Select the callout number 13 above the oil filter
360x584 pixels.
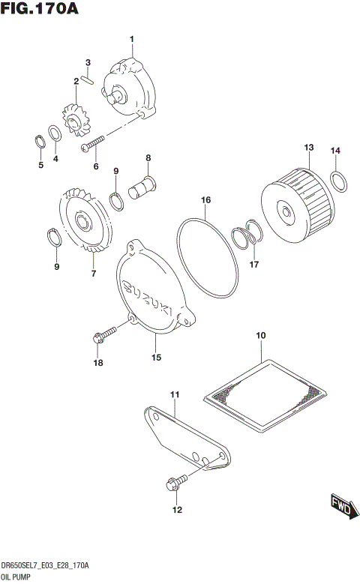(308, 148)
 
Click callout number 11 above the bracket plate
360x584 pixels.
(175, 394)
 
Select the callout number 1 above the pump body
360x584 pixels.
(132, 38)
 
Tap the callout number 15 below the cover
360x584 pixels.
(156, 358)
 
